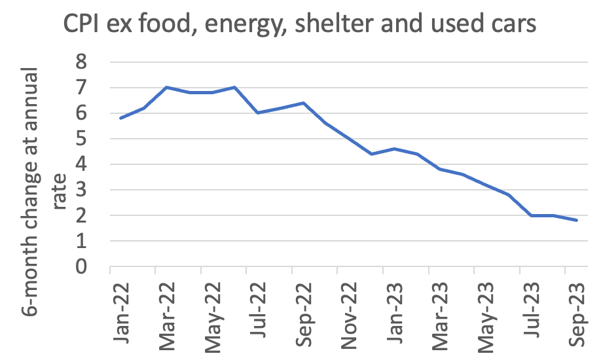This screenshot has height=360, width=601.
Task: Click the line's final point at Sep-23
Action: [x=577, y=221]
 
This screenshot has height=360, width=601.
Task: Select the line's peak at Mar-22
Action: [x=166, y=87]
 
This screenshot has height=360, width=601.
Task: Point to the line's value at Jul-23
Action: [x=531, y=215]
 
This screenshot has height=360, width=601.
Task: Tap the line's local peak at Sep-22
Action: [x=303, y=103]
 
